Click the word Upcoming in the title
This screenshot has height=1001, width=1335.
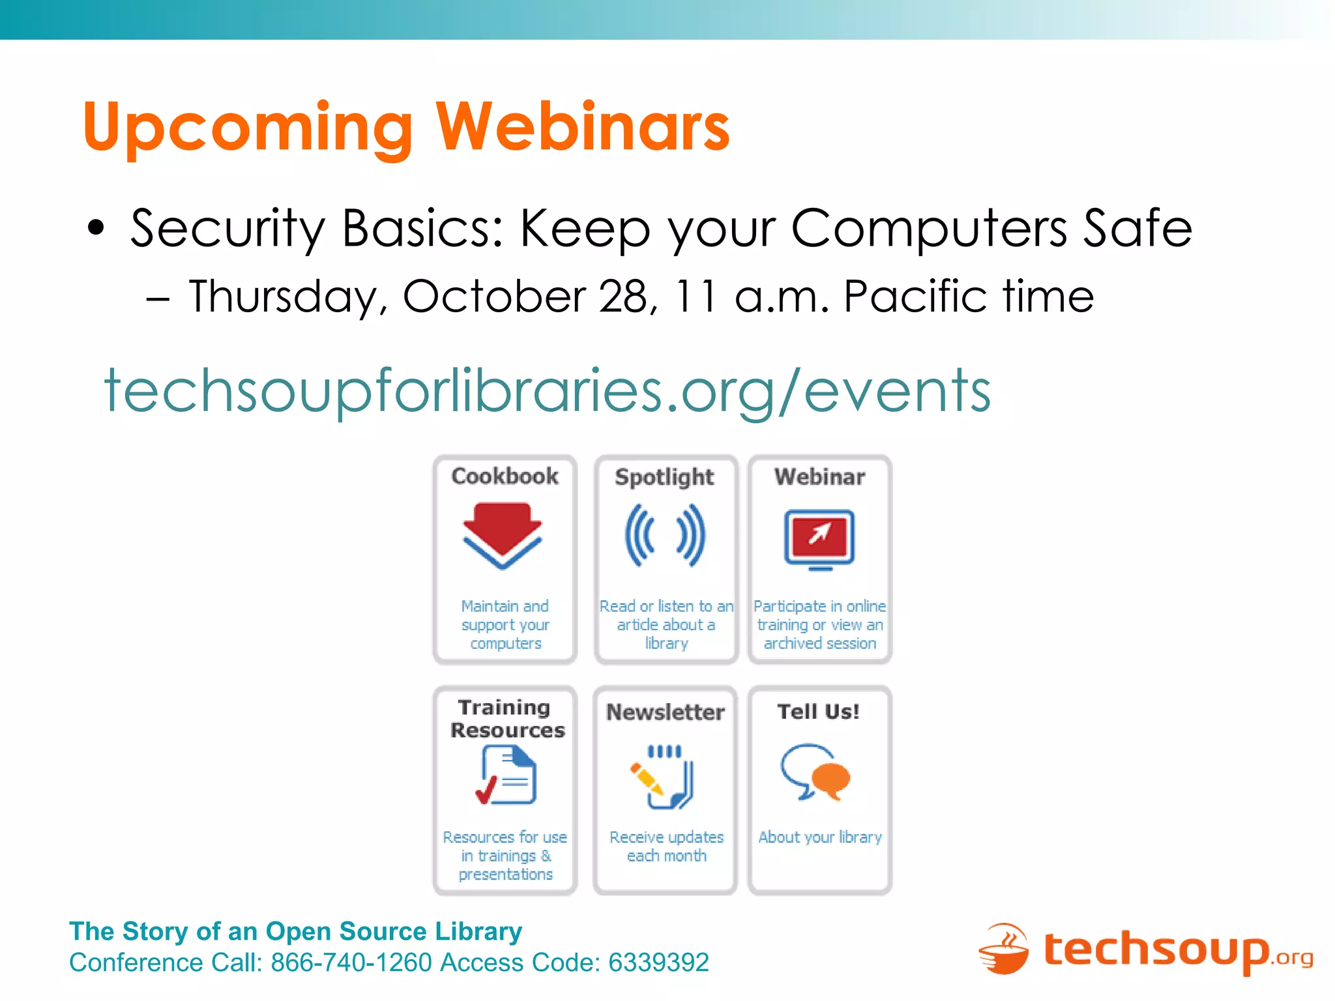tap(248, 128)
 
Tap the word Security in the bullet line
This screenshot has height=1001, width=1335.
tap(227, 229)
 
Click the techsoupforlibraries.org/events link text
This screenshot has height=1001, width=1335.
tap(548, 391)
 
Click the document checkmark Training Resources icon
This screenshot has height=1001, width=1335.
tap(506, 776)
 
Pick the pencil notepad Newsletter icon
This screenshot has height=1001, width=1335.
tap(664, 777)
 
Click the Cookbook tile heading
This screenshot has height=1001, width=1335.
tap(505, 476)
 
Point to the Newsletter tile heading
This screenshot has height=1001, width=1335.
tap(665, 712)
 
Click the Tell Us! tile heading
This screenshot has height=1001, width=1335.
tap(819, 712)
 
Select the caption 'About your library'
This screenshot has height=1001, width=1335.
tap(820, 837)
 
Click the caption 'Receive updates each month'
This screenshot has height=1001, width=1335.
tap(666, 847)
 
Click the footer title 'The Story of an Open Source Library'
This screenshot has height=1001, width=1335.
tap(295, 932)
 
